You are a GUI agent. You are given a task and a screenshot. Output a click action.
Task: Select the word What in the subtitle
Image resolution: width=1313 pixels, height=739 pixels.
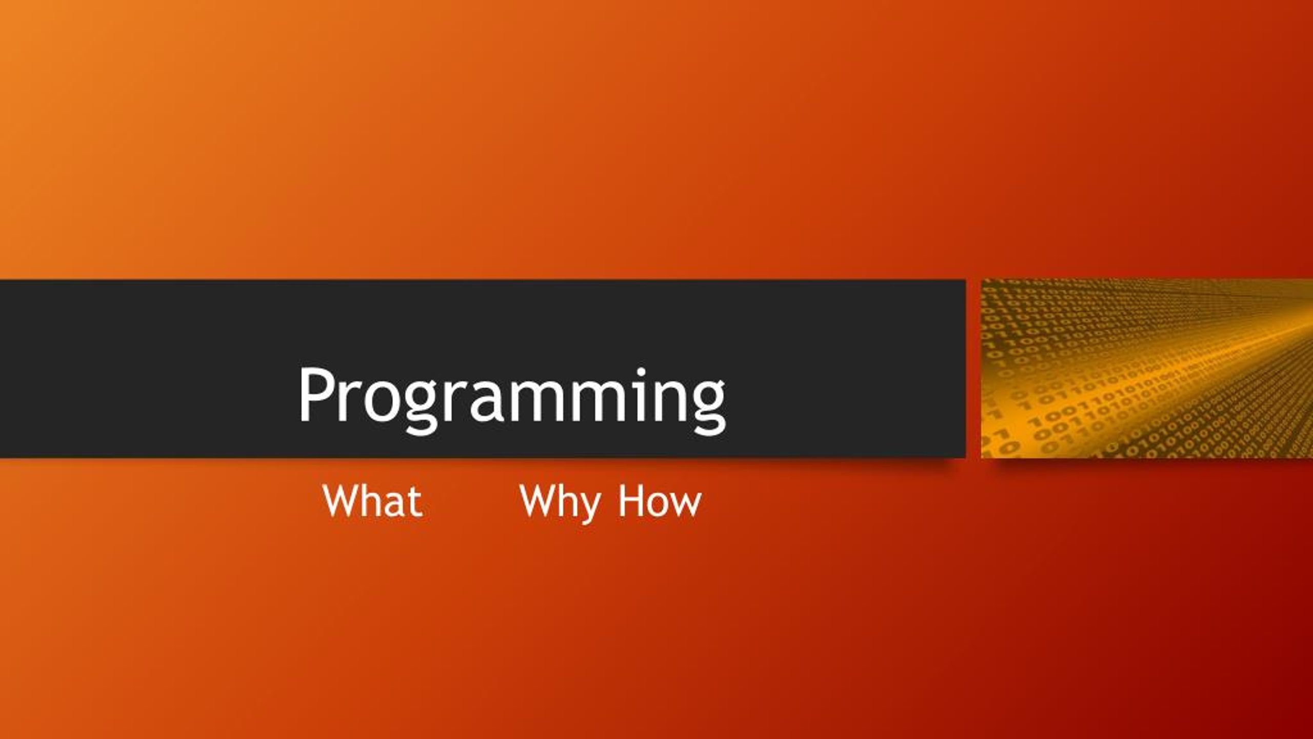click(x=373, y=501)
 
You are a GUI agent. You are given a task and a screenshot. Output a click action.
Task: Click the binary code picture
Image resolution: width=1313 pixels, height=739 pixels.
click(x=1147, y=368)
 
